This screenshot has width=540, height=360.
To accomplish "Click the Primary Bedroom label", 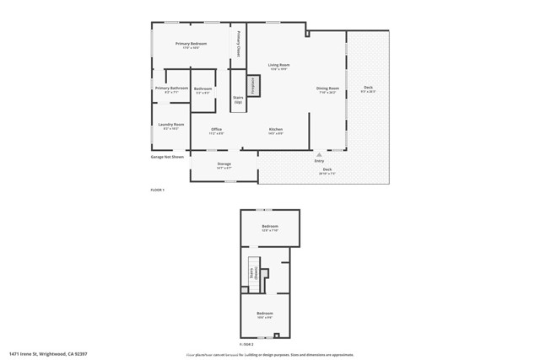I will coord(191,45).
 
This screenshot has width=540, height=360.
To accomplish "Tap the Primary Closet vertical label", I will coord(239,44).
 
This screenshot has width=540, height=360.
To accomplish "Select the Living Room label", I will coord(278,66).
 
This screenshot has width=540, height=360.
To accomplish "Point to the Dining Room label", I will coord(327,89).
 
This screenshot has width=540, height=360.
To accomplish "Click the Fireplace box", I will coord(251,85).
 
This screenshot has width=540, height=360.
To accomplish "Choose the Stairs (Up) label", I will coord(238,99).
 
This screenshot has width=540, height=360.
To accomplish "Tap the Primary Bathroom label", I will coord(171,89).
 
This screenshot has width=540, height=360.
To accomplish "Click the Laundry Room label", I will coord(171,126).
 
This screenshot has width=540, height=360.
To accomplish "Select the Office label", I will coord(217,130).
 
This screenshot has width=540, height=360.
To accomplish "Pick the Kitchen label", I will coord(275,130).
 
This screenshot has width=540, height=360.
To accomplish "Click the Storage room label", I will coord(224,164).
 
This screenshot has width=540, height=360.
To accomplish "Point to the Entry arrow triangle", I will coord(319,154).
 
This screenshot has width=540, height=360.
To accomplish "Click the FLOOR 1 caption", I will coord(157,190).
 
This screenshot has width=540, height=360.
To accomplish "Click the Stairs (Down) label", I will coord(251,273).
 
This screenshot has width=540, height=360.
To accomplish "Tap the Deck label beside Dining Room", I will coord(368,89).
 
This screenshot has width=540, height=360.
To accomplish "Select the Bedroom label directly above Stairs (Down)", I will coord(270,227).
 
